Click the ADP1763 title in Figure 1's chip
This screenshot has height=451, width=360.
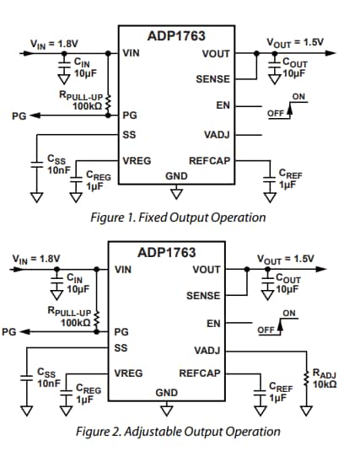[x=176, y=36]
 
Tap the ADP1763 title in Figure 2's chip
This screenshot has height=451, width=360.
[x=167, y=252]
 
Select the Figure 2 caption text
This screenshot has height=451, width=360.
[x=178, y=432]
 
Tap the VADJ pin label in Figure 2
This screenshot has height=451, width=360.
[x=207, y=349]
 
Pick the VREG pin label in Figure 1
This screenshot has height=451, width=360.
[x=137, y=159]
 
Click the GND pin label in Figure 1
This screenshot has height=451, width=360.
[x=176, y=176]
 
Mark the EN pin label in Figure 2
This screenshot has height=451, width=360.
[x=213, y=324]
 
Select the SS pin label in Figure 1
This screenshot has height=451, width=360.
[x=129, y=134]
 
